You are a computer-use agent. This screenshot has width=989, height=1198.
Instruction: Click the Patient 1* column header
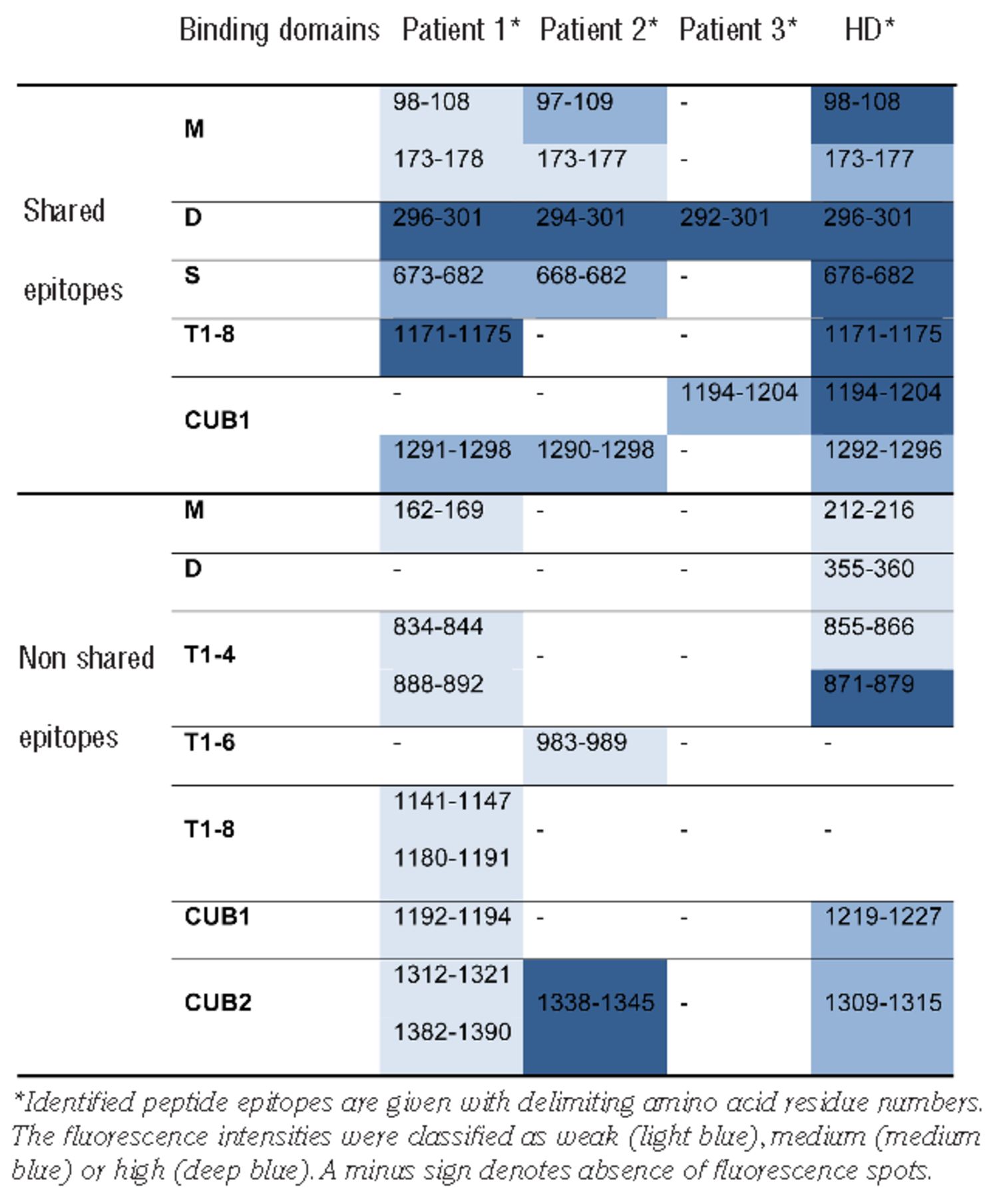click(461, 30)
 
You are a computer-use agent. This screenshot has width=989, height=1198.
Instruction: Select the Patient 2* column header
click(598, 30)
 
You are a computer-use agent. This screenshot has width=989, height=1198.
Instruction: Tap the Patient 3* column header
click(737, 30)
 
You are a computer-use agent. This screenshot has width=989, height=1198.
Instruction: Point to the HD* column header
click(869, 30)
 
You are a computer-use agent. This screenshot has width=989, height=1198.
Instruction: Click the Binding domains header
click(279, 30)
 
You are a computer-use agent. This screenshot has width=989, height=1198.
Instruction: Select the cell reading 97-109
click(574, 102)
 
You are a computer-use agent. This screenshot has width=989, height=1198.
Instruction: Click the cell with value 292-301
click(723, 218)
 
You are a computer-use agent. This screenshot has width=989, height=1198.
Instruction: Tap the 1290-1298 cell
click(595, 451)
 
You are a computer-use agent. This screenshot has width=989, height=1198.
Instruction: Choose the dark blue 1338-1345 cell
click(595, 1003)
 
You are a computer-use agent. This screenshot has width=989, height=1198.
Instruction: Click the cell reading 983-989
click(581, 743)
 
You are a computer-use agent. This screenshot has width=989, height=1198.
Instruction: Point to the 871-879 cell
click(869, 685)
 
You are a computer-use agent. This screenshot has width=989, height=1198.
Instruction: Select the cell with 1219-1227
click(883, 917)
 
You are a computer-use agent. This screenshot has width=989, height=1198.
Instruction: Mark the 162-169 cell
click(438, 510)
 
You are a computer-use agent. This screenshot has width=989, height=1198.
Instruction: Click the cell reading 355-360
click(869, 569)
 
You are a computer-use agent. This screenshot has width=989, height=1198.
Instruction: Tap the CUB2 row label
click(218, 1002)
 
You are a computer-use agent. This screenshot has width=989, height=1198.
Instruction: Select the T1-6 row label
click(209, 743)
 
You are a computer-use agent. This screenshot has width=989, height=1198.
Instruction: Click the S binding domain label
click(192, 276)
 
